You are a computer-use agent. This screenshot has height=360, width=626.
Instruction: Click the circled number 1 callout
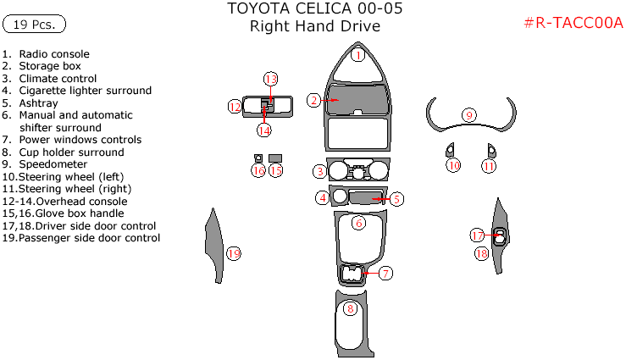[357, 55]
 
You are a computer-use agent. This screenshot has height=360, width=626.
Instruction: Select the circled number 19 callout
[234, 252]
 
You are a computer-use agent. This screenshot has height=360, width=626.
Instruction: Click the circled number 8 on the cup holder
[349, 308]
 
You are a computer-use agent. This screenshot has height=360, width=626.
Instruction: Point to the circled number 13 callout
[270, 79]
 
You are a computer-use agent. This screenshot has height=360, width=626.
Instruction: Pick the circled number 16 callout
[258, 170]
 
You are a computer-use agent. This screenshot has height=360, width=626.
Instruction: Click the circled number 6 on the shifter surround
[358, 222]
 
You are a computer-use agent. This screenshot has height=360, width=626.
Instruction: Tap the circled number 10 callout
[453, 165]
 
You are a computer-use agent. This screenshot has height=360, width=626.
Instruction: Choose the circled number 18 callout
[481, 252]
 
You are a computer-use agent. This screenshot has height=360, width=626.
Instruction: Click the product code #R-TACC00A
[573, 24]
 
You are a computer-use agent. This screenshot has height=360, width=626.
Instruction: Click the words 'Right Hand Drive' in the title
[314, 26]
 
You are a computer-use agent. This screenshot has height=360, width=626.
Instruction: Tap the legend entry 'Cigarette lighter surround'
[85, 91]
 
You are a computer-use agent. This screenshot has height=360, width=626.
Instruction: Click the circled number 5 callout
[396, 199]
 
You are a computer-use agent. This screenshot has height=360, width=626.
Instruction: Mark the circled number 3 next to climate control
[319, 172]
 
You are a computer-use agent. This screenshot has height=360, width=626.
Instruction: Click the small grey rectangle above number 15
[275, 158]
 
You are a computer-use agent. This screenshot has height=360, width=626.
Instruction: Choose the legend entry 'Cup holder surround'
[71, 152]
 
